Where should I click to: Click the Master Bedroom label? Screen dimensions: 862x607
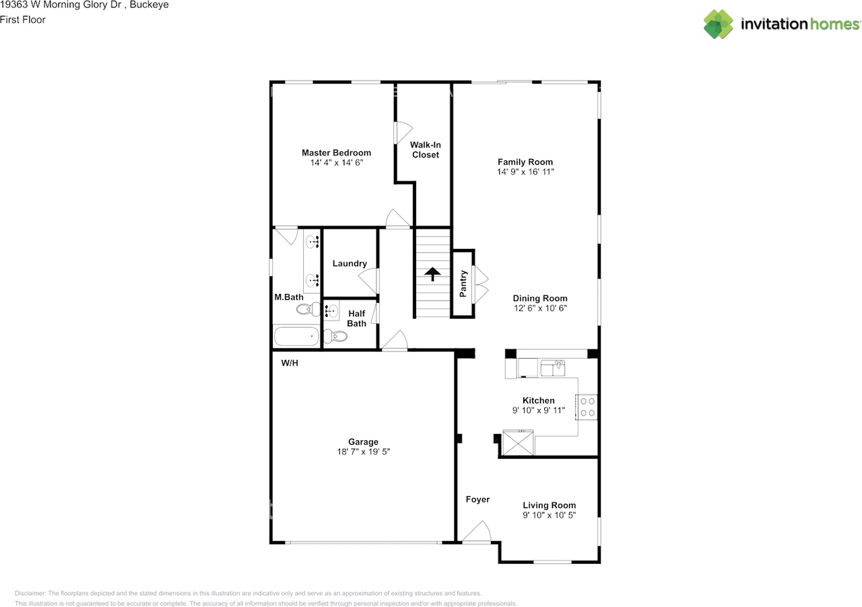(x=336, y=153)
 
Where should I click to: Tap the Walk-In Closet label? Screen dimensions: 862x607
(x=425, y=149)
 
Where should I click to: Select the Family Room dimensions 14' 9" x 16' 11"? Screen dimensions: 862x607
(x=525, y=172)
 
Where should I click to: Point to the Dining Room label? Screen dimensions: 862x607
(x=540, y=298)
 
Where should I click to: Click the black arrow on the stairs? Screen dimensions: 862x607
(x=432, y=274)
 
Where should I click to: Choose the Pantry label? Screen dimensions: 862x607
(x=463, y=283)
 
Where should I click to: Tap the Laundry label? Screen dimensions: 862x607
(x=350, y=264)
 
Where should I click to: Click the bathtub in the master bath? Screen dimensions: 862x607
(x=296, y=336)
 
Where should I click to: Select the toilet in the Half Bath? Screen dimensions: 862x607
(x=335, y=336)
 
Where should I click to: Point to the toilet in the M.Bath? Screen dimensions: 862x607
(x=308, y=309)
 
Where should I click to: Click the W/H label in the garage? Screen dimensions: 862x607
(x=290, y=363)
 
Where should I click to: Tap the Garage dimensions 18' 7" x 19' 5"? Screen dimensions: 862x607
(x=363, y=452)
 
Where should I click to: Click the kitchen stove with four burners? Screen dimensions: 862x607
(x=587, y=407)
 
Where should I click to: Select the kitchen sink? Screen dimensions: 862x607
(x=553, y=367)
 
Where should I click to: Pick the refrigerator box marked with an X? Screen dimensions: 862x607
(x=518, y=443)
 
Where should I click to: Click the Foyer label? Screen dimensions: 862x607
(x=477, y=499)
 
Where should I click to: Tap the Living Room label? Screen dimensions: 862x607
(x=549, y=505)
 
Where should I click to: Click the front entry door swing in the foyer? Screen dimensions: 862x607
(x=476, y=532)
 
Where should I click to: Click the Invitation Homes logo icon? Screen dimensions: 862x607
(x=719, y=24)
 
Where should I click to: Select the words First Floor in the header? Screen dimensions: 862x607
(x=23, y=20)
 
